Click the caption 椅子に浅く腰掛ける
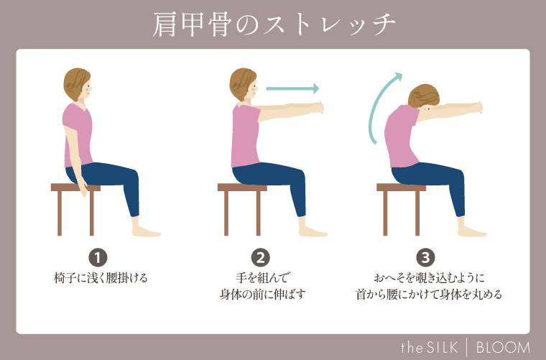(x=101, y=277)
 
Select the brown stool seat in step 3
(x=401, y=188)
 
